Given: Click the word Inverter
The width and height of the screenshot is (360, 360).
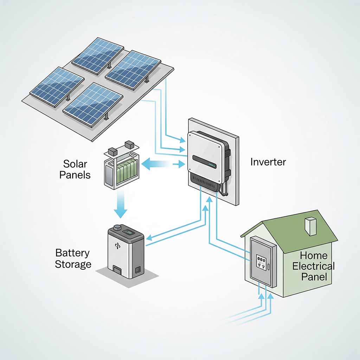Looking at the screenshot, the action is pos(268,162).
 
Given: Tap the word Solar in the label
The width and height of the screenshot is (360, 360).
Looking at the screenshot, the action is pos(75,164).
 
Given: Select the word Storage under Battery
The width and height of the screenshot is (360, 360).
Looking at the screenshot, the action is pos(73,264).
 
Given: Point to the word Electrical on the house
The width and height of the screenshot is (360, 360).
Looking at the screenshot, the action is pos(313,266).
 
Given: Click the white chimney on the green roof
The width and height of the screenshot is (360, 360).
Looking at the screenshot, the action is pos(311,226).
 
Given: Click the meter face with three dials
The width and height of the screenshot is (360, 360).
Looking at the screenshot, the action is pos(261,263).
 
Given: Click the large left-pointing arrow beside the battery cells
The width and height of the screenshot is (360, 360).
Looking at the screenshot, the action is pos(155,164).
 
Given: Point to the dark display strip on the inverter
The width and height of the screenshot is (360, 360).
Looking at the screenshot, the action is pos(204,162).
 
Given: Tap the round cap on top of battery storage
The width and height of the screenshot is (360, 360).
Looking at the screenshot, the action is pos(117,227).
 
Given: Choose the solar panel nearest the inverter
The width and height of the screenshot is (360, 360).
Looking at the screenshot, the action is pos(133,70).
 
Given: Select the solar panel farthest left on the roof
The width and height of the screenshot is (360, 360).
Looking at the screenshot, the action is pos(57,87).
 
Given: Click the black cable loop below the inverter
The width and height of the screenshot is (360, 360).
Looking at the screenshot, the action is pos(224,189).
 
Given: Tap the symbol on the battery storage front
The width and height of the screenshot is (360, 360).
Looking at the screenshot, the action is pos(117,246).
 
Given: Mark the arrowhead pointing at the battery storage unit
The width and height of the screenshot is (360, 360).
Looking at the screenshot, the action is pos(149,238).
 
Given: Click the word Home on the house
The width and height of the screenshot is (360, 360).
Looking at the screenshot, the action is pos(314,256).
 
